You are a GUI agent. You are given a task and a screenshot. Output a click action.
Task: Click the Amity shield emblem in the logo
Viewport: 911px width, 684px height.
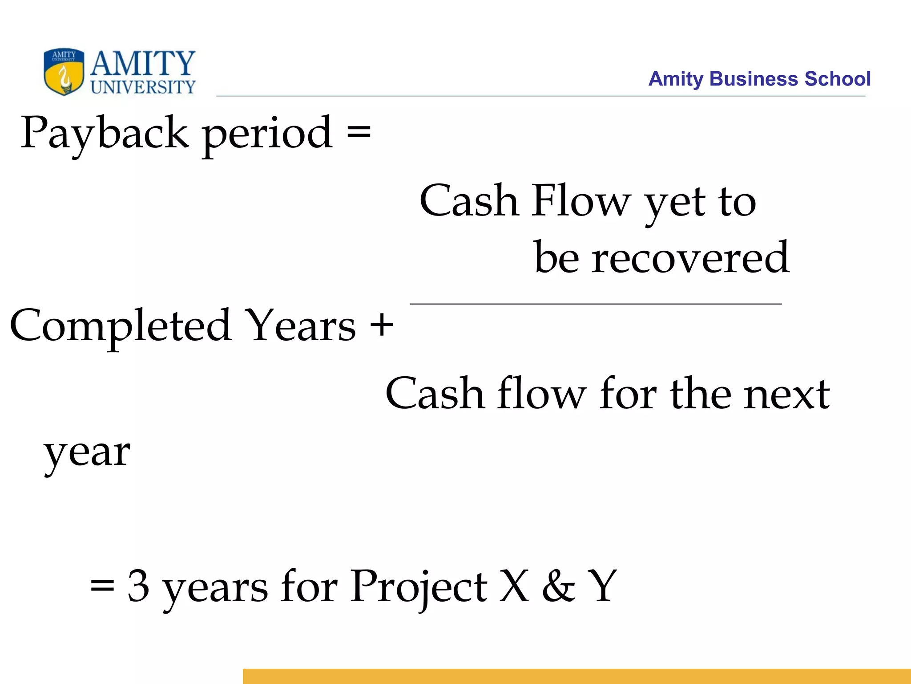pos(64,72)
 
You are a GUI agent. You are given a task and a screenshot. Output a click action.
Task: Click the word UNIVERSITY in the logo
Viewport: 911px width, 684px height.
pos(143,87)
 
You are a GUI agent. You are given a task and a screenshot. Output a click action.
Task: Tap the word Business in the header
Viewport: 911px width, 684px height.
pos(754,79)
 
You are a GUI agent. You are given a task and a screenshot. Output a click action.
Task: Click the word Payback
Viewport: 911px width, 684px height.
pos(105,133)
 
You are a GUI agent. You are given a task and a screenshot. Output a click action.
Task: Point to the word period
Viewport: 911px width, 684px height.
pos(267,134)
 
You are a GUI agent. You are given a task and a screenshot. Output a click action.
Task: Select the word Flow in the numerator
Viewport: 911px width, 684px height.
pos(581,200)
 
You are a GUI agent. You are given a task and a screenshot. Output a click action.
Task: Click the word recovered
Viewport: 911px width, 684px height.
pos(690,257)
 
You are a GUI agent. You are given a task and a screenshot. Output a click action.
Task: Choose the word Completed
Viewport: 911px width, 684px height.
pos(121,326)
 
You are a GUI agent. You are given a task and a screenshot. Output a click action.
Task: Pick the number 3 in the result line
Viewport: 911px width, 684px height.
pos(138,586)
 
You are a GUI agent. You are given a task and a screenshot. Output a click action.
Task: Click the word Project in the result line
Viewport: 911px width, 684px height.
pos(418,587)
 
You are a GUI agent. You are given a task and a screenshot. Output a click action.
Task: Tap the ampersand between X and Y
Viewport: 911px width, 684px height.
pos(558,586)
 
